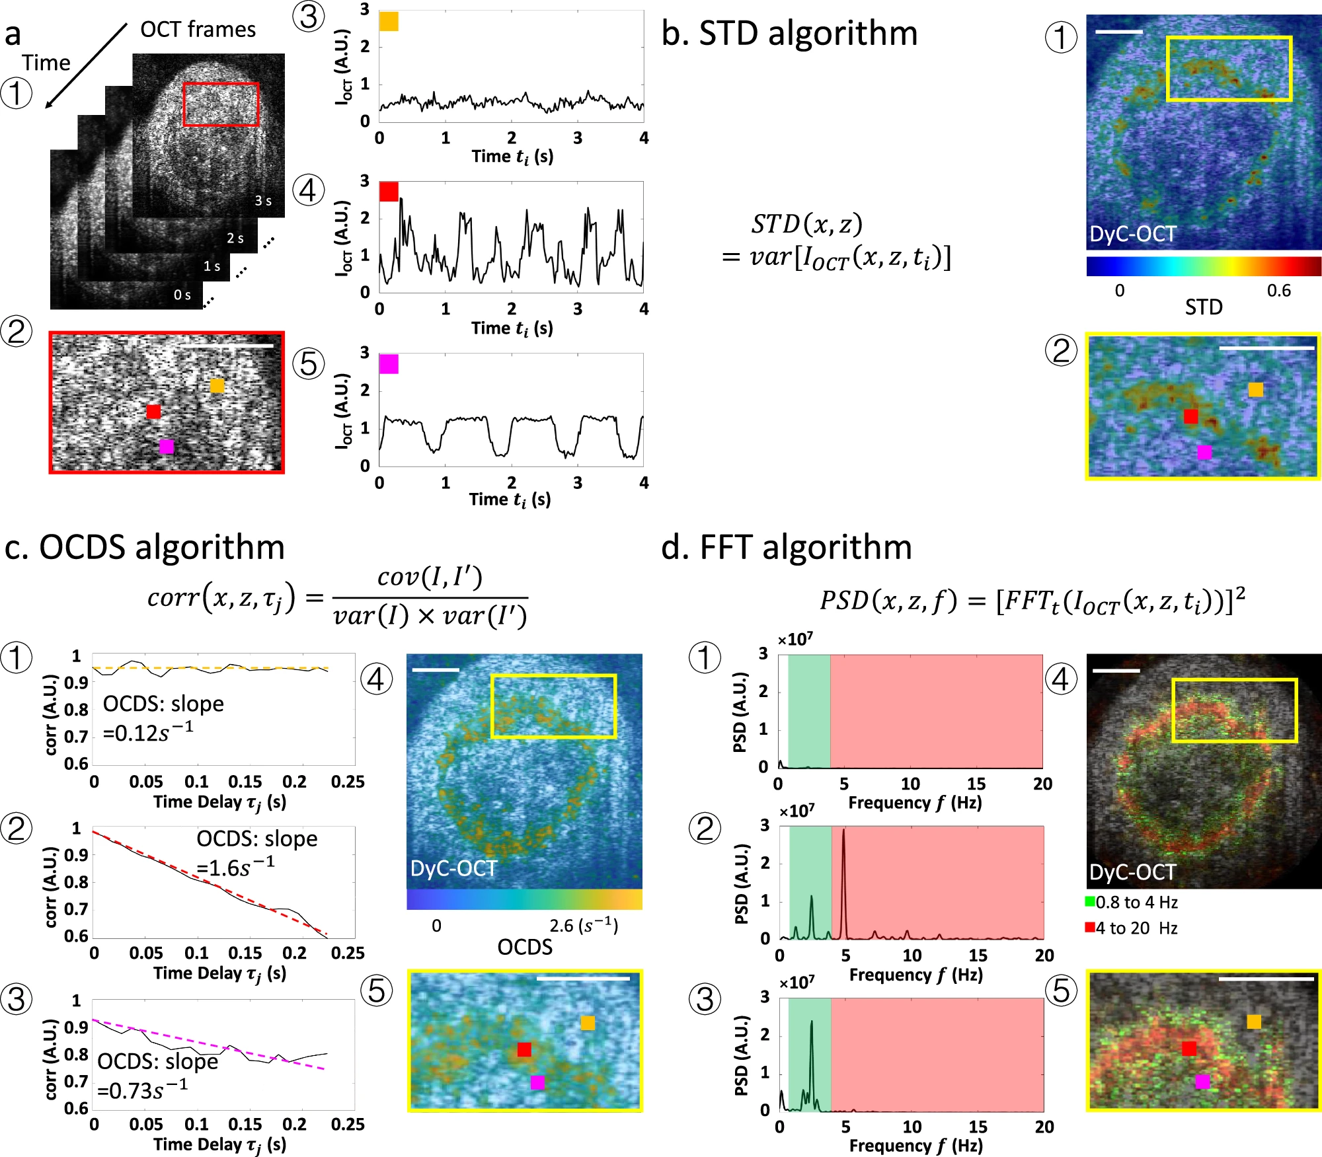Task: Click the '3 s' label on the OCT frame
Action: pyautogui.click(x=263, y=200)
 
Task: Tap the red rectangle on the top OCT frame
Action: pyautogui.click(x=221, y=84)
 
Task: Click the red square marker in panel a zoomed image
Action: pyautogui.click(x=153, y=412)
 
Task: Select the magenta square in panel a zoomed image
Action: pyautogui.click(x=167, y=447)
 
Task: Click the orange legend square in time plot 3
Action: pyautogui.click(x=389, y=22)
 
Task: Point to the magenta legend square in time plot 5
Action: pyautogui.click(x=389, y=364)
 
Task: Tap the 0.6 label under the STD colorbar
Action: pyautogui.click(x=1278, y=291)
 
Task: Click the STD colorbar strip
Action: pyautogui.click(x=1203, y=266)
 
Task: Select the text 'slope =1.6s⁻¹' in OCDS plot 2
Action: pyautogui.click(x=256, y=853)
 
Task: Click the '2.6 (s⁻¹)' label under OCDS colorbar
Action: pyautogui.click(x=584, y=925)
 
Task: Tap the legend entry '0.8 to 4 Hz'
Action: pyautogui.click(x=1132, y=903)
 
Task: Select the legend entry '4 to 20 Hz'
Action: pyautogui.click(x=1132, y=928)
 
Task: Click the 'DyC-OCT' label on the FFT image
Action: pyautogui.click(x=1132, y=872)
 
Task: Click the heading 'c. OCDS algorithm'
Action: pyautogui.click(x=145, y=547)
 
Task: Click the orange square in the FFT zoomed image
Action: pyautogui.click(x=1254, y=1022)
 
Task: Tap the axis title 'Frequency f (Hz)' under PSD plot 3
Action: pyautogui.click(x=915, y=1146)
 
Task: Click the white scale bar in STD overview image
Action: pyautogui.click(x=1118, y=32)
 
